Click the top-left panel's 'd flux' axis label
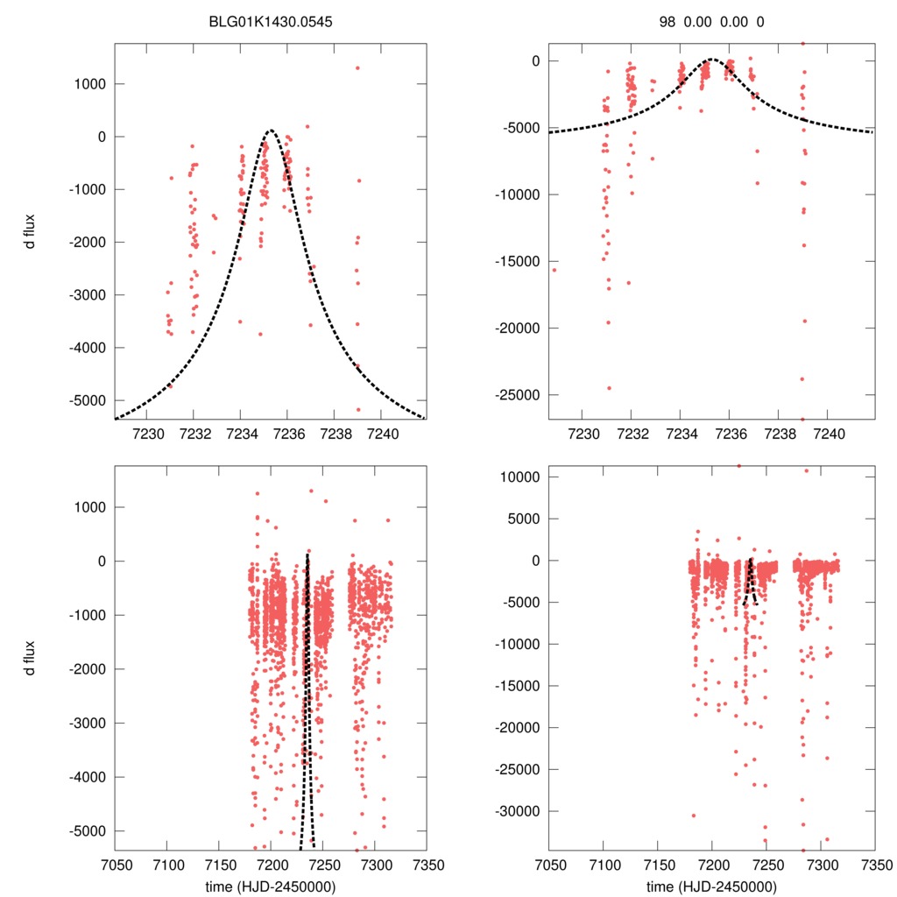[31, 230]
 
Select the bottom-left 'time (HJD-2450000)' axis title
[270, 886]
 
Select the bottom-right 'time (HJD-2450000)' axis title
[711, 886]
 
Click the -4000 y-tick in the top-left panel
[86, 348]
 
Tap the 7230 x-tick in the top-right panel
[583, 434]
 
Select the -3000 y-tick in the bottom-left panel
[86, 723]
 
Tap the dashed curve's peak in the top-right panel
[711, 60]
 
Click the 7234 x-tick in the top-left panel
[241, 434]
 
